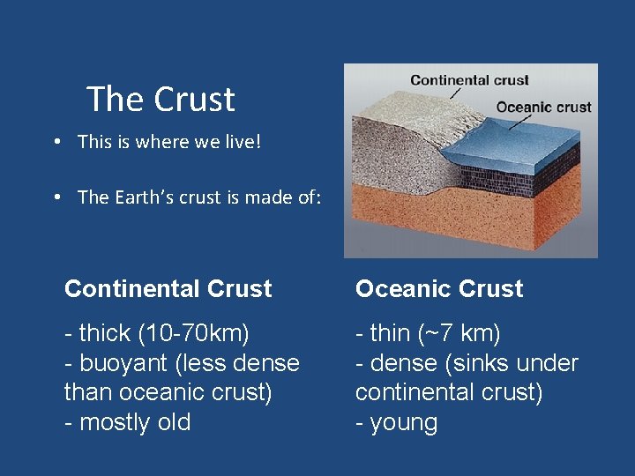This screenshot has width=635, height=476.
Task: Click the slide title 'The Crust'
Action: tap(161, 99)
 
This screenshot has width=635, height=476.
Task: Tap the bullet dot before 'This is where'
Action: tap(56, 141)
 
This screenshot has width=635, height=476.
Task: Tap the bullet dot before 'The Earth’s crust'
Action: tap(56, 197)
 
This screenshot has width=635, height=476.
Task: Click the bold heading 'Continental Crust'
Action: tap(168, 289)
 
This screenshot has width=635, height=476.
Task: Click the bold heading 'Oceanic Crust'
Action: tap(439, 289)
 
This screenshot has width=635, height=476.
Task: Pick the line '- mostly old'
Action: tap(127, 422)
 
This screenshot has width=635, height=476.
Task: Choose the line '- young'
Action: tap(396, 422)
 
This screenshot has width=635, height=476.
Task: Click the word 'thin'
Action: tap(390, 334)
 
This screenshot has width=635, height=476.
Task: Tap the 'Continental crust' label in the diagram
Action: tap(469, 80)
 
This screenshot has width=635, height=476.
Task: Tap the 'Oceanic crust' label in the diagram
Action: tap(543, 108)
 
